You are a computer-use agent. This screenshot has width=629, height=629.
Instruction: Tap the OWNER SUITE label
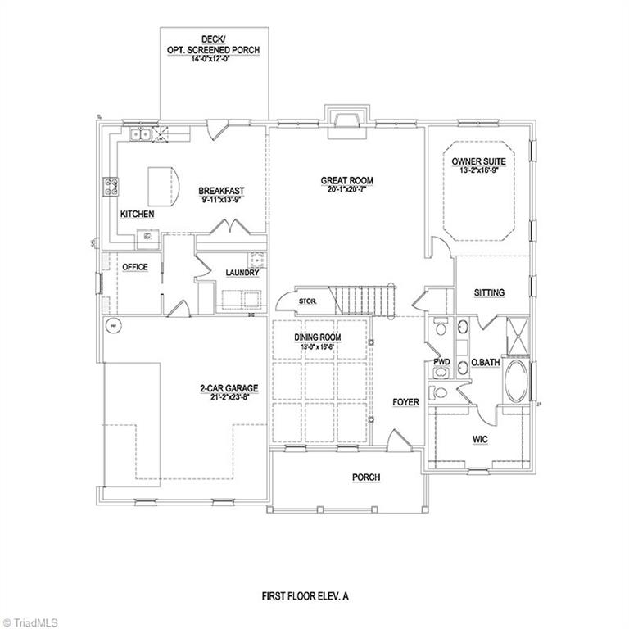coord(478,162)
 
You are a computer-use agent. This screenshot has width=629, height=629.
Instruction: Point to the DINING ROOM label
coord(318,337)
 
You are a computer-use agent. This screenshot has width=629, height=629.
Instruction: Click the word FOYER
coord(405,402)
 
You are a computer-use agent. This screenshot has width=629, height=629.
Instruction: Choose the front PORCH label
coord(366,477)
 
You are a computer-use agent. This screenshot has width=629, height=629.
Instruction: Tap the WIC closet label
coord(480,439)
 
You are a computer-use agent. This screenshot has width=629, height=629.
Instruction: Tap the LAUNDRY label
coord(242,273)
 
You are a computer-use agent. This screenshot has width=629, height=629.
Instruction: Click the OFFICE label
coord(134,267)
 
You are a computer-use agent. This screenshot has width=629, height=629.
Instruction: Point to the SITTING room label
coord(489,292)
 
